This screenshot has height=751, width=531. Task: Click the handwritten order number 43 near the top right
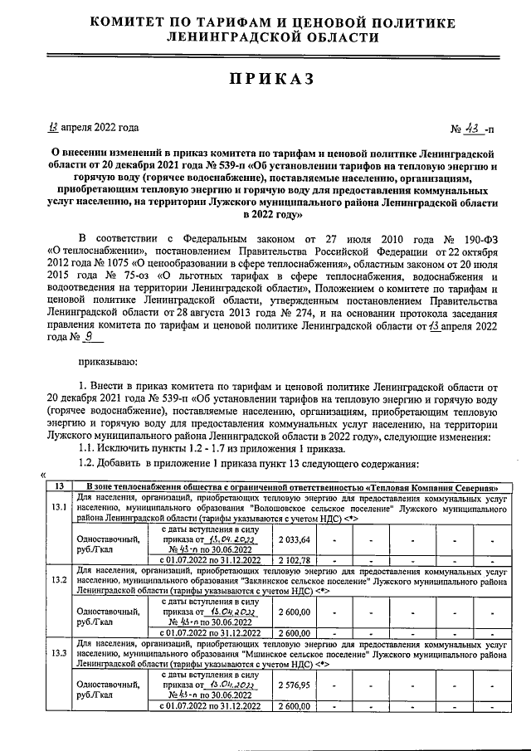click(x=470, y=129)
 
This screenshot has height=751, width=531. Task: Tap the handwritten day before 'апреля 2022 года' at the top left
click(x=55, y=128)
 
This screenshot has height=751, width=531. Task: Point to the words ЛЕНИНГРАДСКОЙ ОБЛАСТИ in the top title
click(x=265, y=38)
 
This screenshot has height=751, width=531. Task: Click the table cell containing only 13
click(x=59, y=485)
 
